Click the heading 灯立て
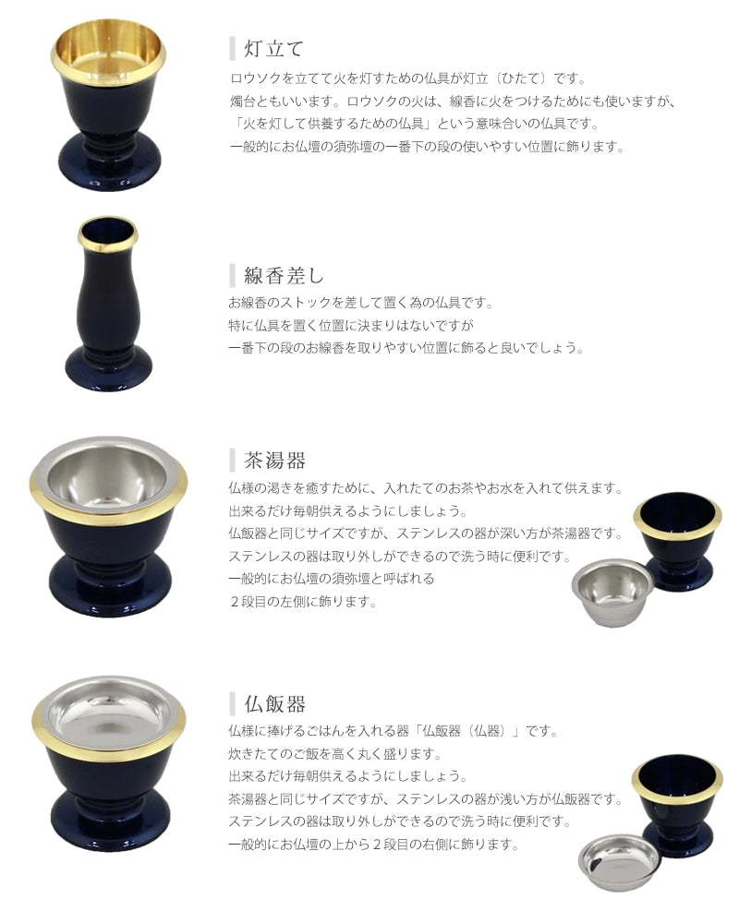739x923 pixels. tap(274, 48)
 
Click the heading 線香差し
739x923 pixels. tap(284, 275)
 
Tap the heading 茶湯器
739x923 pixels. tap(274, 460)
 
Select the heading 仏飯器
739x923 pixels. tap(274, 703)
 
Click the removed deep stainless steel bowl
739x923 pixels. tap(612, 591)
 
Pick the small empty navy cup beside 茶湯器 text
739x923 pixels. tap(678, 540)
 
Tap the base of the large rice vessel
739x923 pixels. tap(110, 822)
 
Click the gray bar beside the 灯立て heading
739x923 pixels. tap(232, 48)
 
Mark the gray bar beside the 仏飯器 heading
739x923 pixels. tap(232, 703)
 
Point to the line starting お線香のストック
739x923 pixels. tap(360, 303)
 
